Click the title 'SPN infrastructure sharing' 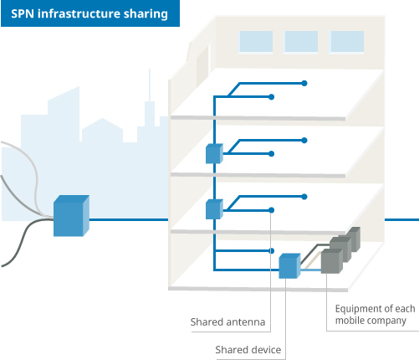coord(89,14)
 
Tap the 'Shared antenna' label coord(227,322)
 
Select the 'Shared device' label coord(248,350)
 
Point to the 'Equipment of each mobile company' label coord(375,315)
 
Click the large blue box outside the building coord(71,216)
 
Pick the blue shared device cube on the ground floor coord(289,265)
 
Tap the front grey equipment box coord(332,261)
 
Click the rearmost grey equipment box coord(354,239)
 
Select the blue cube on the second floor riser coord(214,209)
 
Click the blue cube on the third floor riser coord(214,153)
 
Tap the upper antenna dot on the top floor coord(304,83)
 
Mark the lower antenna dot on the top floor coord(271,97)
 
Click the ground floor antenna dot coord(271,251)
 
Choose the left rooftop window coord(256,42)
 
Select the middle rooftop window coord(301,42)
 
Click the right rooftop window coord(347,42)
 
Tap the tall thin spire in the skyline coord(150,85)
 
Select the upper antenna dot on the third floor coord(304,140)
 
